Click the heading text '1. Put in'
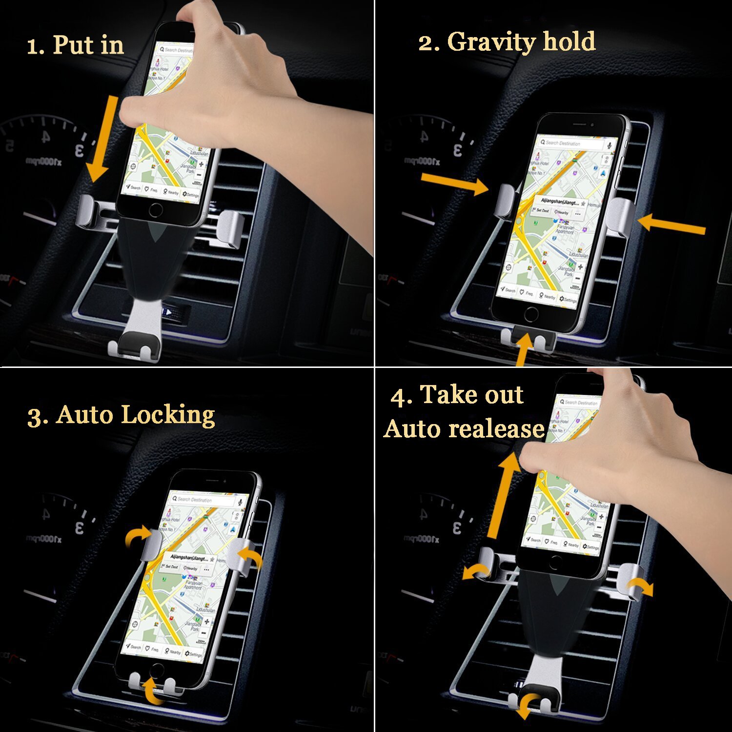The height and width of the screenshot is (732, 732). (x=75, y=45)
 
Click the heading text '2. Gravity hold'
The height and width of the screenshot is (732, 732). (x=507, y=41)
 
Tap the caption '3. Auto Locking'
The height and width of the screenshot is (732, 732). (x=121, y=415)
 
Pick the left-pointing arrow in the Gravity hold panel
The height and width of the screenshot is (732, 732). (x=671, y=225)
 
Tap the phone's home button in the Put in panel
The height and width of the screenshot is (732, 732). (x=156, y=210)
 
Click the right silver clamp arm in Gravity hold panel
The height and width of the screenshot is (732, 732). (x=621, y=217)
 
